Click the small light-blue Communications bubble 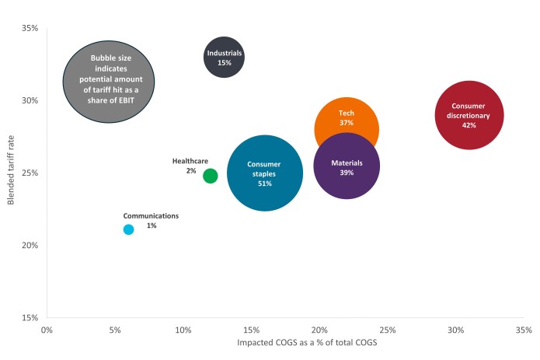click(x=128, y=229)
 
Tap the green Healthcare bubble click(x=210, y=176)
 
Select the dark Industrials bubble click(x=225, y=58)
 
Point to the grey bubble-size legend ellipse click(x=108, y=82)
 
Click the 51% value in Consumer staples click(x=264, y=183)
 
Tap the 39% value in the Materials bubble click(x=347, y=173)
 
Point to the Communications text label click(x=151, y=215)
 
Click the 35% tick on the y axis click(x=30, y=28)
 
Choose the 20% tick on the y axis click(x=30, y=245)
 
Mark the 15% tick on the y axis click(x=30, y=317)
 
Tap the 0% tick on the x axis click(x=47, y=330)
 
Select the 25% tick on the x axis click(x=388, y=330)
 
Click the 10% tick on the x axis click(x=183, y=330)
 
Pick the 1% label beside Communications click(x=152, y=225)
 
